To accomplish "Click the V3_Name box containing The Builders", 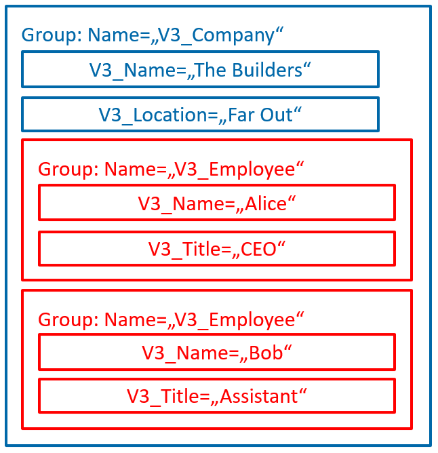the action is [200, 69].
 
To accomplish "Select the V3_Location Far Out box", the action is [200, 115].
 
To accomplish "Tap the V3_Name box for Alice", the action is [217, 203].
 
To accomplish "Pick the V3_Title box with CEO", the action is [217, 248].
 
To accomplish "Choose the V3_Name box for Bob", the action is [217, 352].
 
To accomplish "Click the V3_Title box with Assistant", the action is [217, 395].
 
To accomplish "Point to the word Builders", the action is [267, 71].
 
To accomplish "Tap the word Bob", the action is [266, 353].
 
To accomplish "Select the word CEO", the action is [258, 250].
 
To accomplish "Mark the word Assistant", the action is [259, 396].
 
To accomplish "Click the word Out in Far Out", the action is [277, 115].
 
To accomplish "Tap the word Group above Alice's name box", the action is [65, 170].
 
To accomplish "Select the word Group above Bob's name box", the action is [65, 320].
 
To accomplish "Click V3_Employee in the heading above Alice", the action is [235, 170].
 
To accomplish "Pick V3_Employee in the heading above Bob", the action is [235, 320].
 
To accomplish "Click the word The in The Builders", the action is [210, 71].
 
